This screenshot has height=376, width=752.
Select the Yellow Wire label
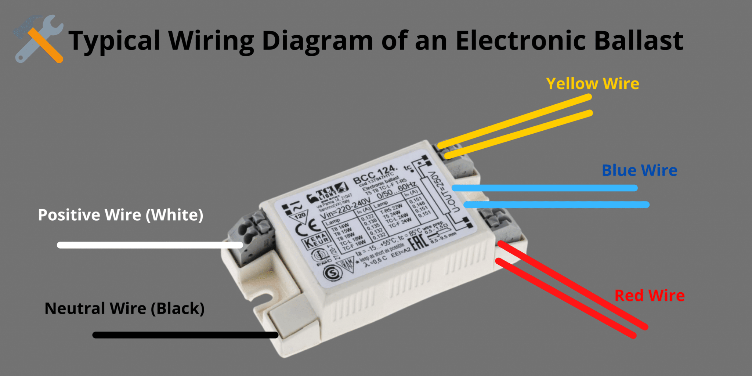[x=592, y=84]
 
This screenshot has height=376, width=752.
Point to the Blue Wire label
[x=639, y=170]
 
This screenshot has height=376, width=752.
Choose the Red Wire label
[x=649, y=296]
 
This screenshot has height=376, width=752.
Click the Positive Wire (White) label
[x=120, y=215]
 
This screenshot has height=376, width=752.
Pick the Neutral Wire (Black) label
[x=124, y=308]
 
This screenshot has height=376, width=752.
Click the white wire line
[x=147, y=245]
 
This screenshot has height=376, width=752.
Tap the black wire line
[x=184, y=335]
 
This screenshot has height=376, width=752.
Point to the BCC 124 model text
[x=375, y=174]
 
